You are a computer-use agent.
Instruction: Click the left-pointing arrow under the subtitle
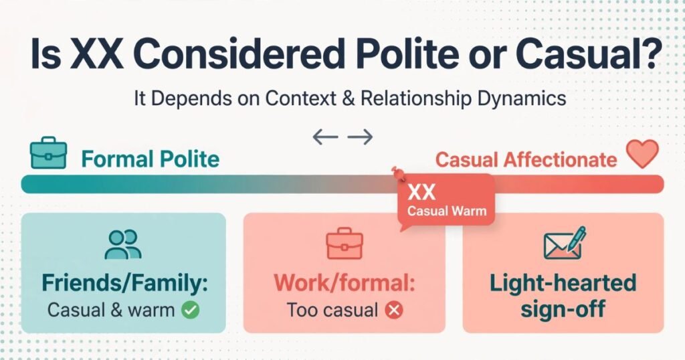[x=326, y=137]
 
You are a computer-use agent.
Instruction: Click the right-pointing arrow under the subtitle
[x=361, y=137]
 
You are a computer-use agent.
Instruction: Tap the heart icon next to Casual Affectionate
[x=642, y=153]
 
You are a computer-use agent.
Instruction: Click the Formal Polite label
[x=151, y=159]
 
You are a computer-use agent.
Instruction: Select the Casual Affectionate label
[x=526, y=160]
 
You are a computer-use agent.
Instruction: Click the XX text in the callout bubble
[x=421, y=192]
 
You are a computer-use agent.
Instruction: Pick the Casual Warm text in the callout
[x=447, y=211]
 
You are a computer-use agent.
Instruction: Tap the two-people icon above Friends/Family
[x=123, y=245]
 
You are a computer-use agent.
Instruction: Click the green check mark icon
[x=191, y=310]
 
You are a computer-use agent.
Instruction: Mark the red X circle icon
[x=394, y=310]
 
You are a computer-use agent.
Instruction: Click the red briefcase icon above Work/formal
[x=345, y=243]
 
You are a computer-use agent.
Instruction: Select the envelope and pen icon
[x=565, y=244]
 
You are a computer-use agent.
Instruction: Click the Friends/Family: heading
[x=125, y=283]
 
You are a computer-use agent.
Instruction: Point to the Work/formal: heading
[x=345, y=283]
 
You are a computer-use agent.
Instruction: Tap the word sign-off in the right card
[x=563, y=309]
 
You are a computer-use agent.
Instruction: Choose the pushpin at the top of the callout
[x=397, y=173]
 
